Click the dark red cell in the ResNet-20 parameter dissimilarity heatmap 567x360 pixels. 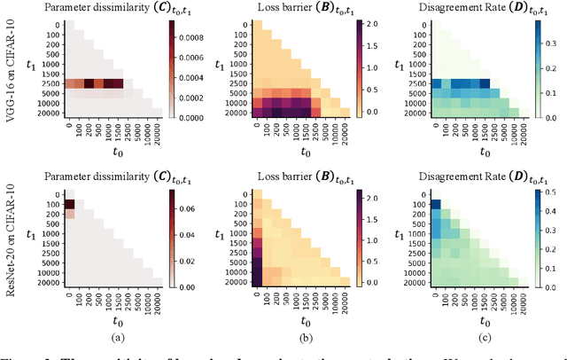click(67, 204)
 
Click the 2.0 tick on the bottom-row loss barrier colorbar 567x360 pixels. click(374, 192)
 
